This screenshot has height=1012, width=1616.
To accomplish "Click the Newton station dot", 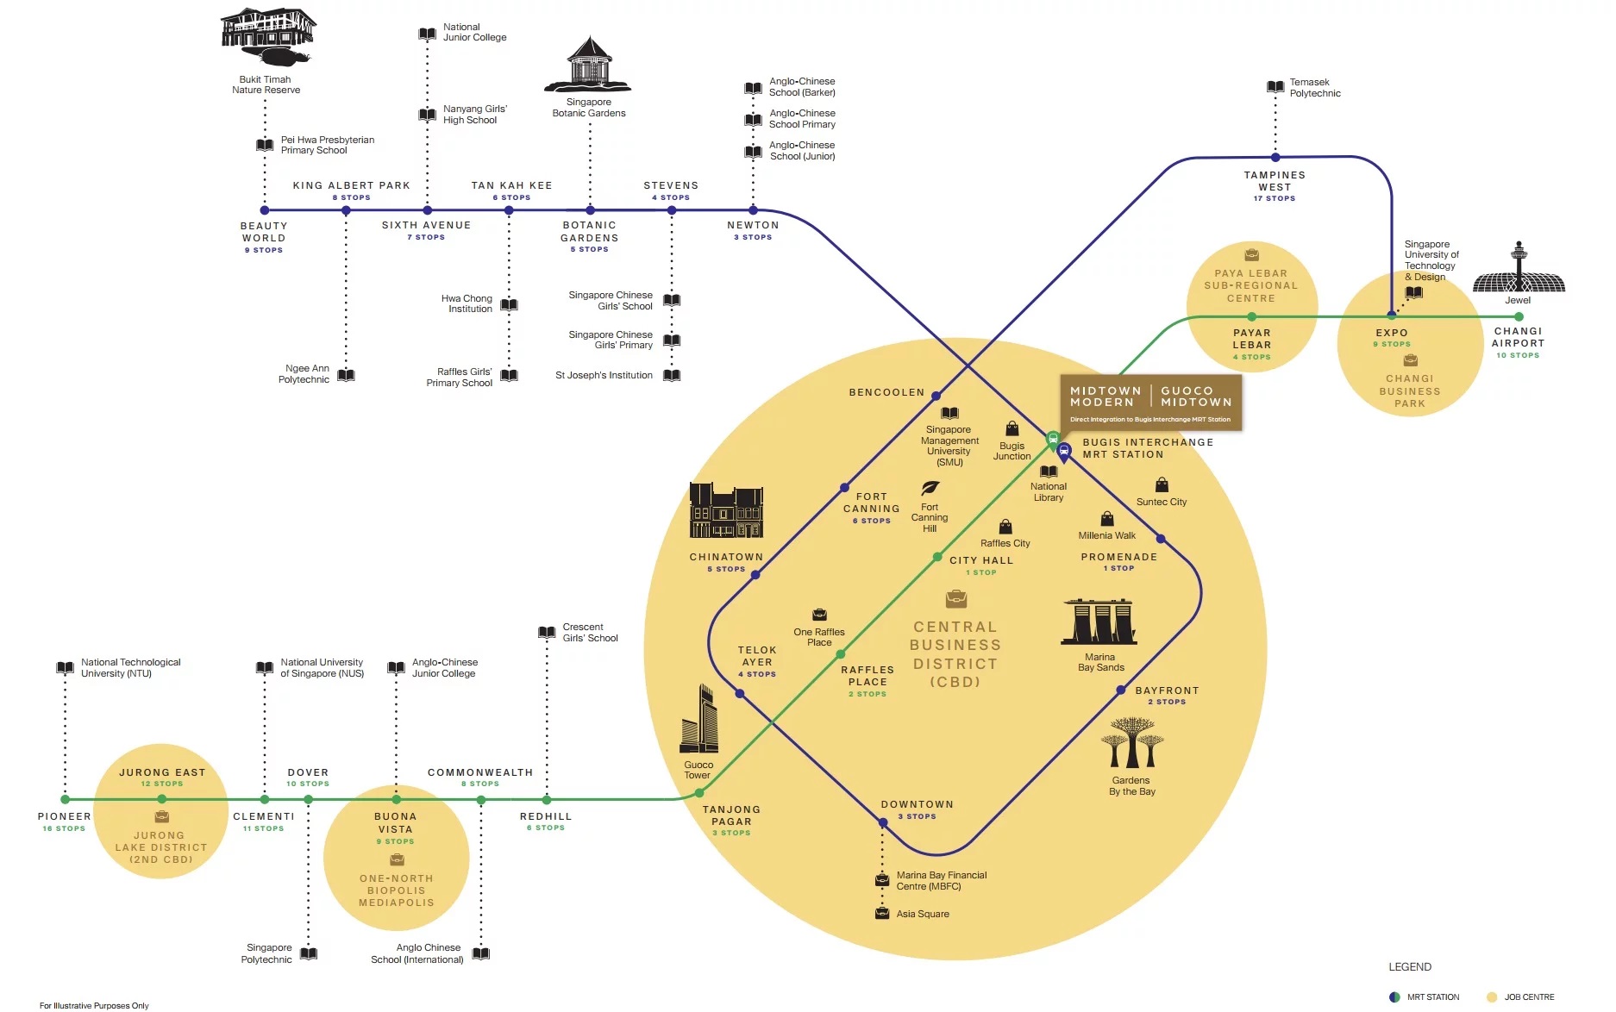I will point(753,210).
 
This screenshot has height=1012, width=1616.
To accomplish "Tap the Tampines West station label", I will point(1275,181).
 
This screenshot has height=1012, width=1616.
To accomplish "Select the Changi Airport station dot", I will point(1519,316).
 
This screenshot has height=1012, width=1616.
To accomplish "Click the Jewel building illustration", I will point(1519,272).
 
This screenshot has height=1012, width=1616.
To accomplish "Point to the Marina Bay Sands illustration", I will point(1099,622).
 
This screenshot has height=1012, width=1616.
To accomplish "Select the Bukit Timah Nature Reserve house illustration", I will point(267,36).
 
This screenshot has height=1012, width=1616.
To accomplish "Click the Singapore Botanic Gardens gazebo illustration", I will point(589,64).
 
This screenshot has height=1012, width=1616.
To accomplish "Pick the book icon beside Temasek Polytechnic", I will point(1275,87).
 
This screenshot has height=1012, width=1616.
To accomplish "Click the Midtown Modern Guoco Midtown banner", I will point(1150,402).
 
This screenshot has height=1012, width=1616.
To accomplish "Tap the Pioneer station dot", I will point(65,799).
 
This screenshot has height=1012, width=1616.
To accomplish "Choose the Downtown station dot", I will point(883,822).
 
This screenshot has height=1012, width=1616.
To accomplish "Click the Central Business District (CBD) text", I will point(955,654).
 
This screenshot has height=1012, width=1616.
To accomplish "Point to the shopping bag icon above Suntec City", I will point(1162,485).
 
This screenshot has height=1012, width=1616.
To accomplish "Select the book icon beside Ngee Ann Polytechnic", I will point(346,375).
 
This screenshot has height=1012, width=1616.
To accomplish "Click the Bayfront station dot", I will point(1121,690).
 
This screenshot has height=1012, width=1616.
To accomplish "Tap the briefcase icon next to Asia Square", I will point(882,913).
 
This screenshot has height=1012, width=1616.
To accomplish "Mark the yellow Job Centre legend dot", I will point(1492,997).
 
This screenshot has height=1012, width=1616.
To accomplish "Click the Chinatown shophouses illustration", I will point(726,512).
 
